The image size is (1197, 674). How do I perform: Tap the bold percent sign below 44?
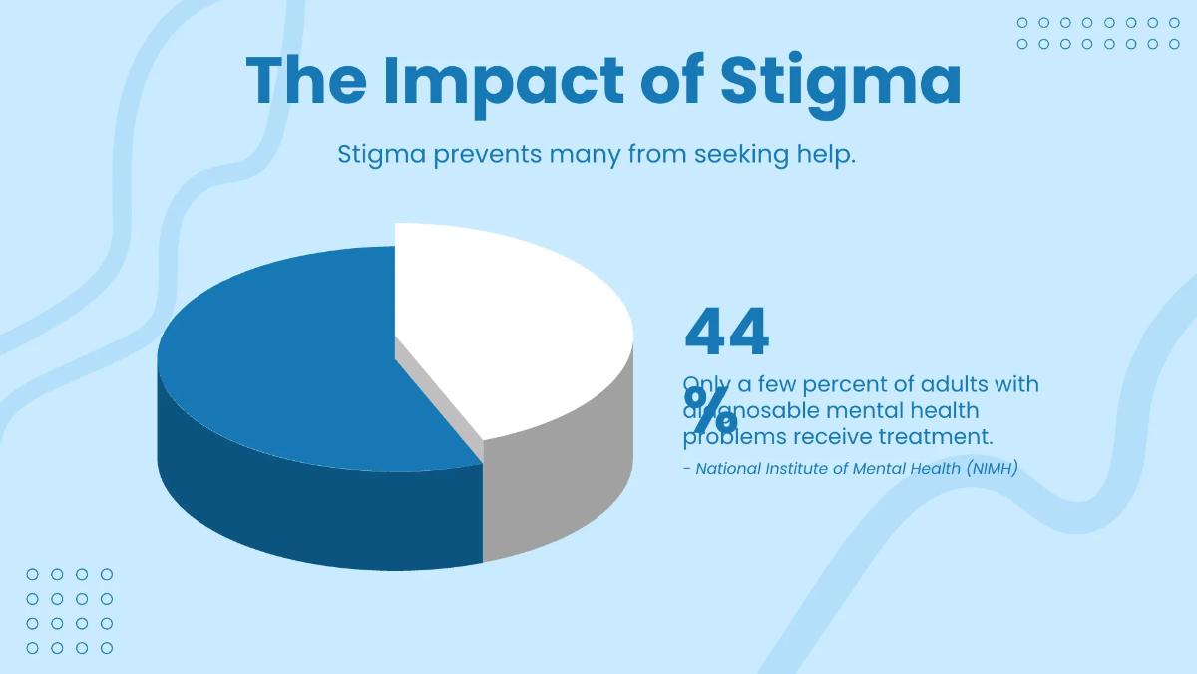710,407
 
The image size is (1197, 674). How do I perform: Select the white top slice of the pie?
509,320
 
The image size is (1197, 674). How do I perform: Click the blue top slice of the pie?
289,359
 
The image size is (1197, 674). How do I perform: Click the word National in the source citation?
727,468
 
